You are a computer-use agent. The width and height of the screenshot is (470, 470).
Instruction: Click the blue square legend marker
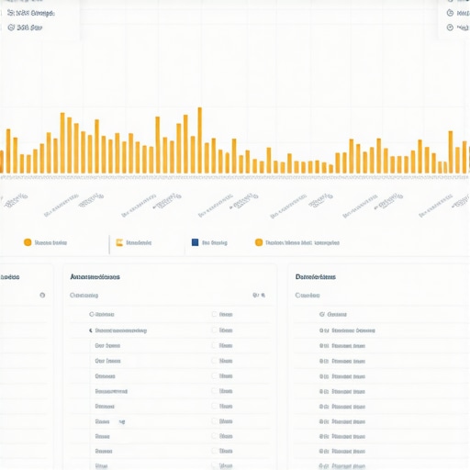195,243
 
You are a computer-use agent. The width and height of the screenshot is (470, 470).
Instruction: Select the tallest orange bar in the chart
199,140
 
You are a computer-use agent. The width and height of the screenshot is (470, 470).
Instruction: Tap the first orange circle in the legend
28,243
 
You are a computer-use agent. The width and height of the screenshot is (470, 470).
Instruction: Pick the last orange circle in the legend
258,243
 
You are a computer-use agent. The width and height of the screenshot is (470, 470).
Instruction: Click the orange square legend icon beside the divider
118,243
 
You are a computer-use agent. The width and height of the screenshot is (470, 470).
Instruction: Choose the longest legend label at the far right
302,243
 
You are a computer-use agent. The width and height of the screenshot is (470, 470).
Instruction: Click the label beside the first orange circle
50,243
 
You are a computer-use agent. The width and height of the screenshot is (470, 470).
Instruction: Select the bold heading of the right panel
315,276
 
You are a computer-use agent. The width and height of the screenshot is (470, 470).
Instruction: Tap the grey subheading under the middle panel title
84,296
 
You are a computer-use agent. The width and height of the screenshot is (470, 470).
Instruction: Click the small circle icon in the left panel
42,296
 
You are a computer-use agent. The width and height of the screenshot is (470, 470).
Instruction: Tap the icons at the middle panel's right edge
258,296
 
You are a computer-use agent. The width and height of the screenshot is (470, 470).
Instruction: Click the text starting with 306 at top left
25,28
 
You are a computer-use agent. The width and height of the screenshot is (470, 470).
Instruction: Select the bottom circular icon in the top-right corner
450,28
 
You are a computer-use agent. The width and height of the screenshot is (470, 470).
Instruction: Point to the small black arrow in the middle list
91,330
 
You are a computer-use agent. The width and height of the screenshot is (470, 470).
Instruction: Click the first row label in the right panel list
337,314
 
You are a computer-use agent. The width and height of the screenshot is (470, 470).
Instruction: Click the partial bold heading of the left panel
10,276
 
